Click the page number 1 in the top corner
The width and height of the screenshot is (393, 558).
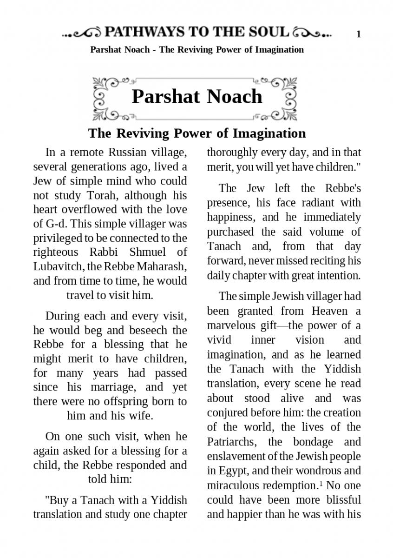[359, 34]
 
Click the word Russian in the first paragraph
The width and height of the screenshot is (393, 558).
[128, 152]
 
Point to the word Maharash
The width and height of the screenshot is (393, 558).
[163, 266]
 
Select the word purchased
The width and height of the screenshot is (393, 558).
[230, 232]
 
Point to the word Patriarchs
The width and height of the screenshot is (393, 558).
[230, 441]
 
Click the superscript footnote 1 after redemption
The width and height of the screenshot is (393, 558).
[320, 483]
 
